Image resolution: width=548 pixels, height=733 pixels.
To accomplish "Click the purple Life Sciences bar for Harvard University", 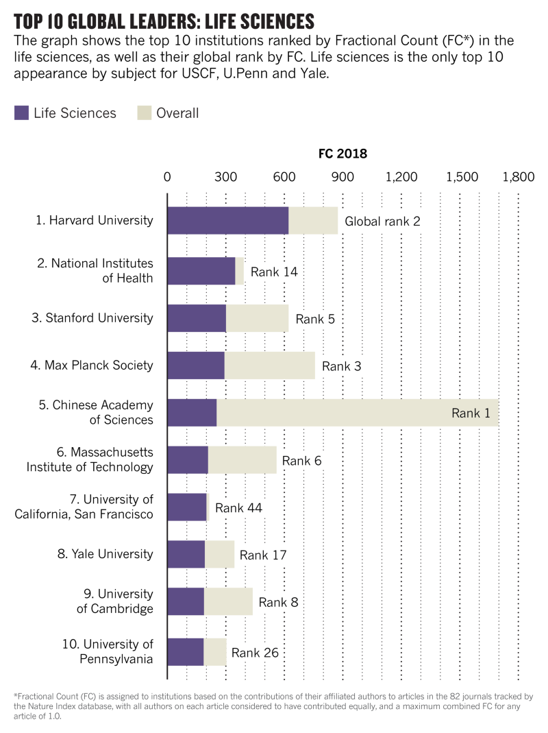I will coord(227,220).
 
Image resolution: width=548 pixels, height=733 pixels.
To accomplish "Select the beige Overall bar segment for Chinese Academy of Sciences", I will coord(356,412).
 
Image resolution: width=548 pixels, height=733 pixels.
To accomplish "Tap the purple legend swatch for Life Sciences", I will coord(21,113).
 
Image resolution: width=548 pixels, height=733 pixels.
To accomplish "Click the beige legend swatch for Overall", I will coord(145,113).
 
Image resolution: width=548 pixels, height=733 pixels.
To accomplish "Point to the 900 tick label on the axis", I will coord(342,176).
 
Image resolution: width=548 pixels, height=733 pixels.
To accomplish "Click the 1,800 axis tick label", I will coord(517,176).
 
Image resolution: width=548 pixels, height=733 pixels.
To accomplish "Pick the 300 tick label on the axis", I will coord(226,176).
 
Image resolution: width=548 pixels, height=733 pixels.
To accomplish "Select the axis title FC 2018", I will coord(342,154).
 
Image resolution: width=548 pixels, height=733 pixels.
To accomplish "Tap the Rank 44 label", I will coord(238,508).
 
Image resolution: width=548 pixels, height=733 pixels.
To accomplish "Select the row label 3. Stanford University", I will coord(99,317).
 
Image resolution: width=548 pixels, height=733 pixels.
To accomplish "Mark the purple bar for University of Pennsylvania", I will coord(185,651).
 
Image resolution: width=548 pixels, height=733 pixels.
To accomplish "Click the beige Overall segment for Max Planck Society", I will coord(269,365).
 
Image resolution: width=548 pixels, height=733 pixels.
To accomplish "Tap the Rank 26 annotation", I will coord(255,652).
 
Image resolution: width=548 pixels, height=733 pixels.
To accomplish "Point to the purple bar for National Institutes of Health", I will coord(201,271).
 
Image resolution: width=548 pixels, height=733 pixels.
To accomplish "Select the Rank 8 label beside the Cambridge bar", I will coord(278,603).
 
